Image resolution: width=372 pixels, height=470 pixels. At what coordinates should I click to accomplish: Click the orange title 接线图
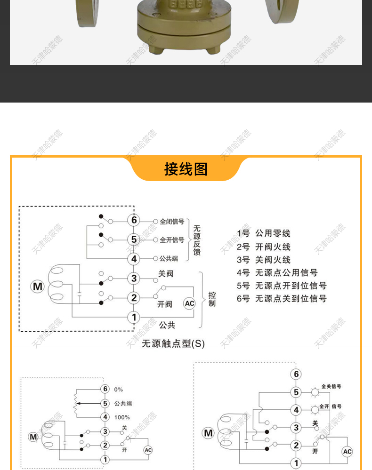[186, 169]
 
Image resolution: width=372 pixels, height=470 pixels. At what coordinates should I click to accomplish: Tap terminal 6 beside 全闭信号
[134, 220]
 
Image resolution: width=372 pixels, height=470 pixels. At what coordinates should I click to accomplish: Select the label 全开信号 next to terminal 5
[172, 240]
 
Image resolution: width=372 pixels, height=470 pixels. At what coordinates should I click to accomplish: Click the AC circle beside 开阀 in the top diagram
[189, 303]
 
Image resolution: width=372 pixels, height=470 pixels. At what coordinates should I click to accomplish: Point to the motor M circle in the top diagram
[37, 286]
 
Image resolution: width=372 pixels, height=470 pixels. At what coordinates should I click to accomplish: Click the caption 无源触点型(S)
[173, 343]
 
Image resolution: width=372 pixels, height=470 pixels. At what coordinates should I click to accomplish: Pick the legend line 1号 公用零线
[264, 233]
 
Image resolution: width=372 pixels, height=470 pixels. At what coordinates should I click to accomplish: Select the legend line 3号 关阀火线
[264, 260]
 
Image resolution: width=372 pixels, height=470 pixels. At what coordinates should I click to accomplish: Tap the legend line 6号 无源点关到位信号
[282, 299]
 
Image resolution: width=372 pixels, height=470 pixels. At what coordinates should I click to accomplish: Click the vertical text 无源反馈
[197, 240]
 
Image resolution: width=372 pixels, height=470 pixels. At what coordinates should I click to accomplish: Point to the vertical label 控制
[212, 299]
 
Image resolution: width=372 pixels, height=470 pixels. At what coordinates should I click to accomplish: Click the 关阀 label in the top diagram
[165, 273]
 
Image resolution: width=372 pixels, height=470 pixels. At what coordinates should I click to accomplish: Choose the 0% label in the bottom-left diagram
[118, 390]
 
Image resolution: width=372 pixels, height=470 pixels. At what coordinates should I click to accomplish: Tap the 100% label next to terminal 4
[122, 417]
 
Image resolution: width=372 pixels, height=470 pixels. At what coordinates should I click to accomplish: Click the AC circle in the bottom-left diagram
[148, 450]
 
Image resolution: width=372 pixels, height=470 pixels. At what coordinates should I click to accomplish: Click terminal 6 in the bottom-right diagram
[296, 374]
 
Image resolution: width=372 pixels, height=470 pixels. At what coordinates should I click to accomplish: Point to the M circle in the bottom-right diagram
[208, 433]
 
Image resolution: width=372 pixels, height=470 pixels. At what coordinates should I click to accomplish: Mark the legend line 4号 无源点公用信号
[277, 272]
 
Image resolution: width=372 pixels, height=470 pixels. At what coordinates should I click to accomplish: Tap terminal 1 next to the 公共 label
[134, 318]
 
